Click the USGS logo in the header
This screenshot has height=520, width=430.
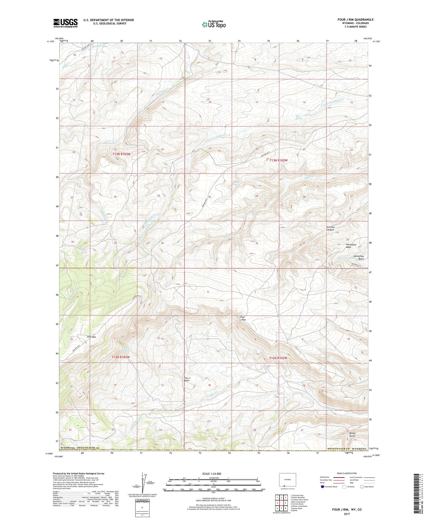(65, 23)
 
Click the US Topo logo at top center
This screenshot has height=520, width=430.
(214, 25)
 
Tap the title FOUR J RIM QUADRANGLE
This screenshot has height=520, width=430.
(355, 20)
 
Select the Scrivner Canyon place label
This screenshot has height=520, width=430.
(330, 228)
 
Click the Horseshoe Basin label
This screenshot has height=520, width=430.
(358, 257)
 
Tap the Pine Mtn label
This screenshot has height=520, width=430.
(91, 337)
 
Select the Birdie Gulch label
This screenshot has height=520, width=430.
(352, 435)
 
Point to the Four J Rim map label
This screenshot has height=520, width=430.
(243, 318)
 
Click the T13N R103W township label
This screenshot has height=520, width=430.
(121, 154)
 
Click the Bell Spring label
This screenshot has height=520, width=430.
(299, 117)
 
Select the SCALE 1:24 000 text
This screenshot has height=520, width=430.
(213, 474)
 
